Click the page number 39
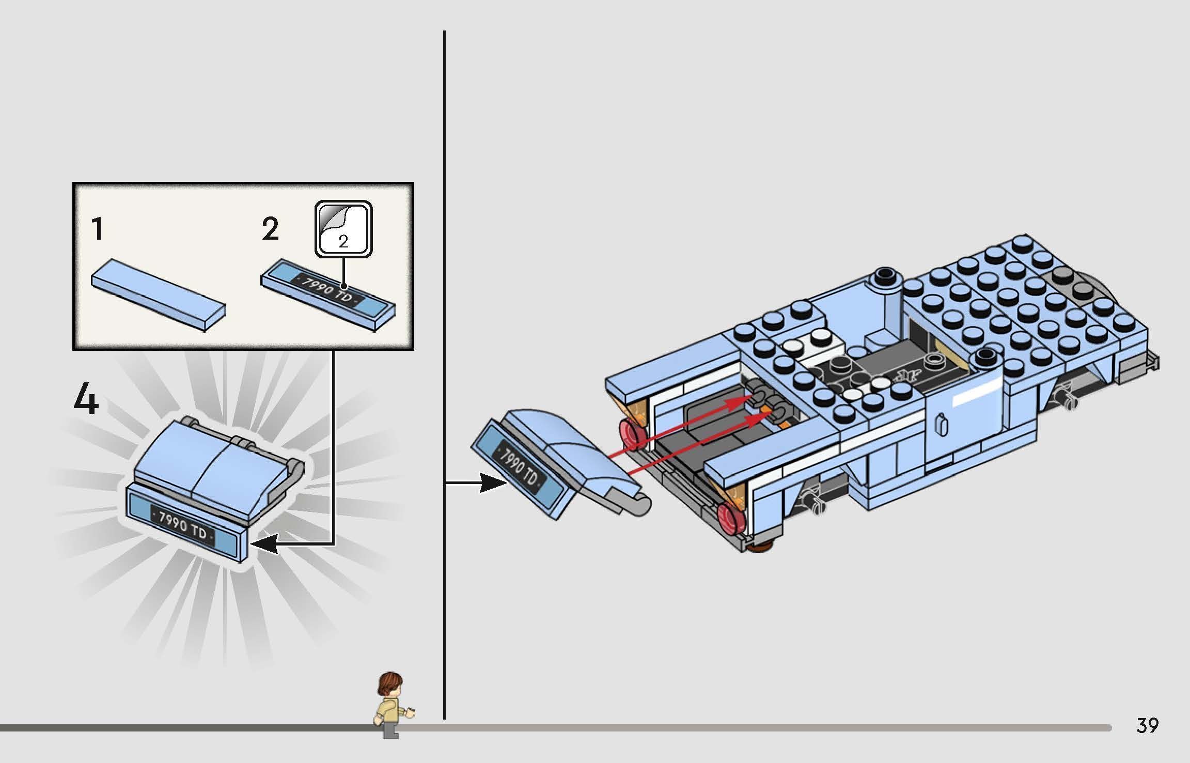[x=1147, y=726]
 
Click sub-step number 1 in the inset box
[x=97, y=229]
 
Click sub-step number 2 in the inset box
[x=270, y=229]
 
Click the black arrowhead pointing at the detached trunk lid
[x=493, y=483]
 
